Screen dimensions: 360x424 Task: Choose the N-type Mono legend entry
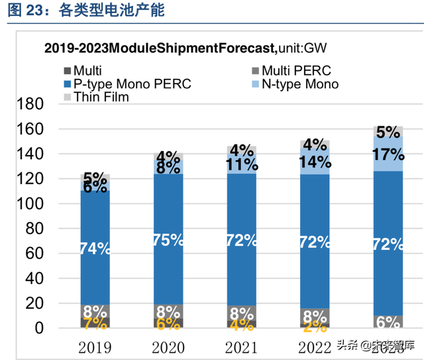300,84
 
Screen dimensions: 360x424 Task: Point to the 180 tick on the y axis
28,105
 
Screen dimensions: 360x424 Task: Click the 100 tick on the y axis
28,204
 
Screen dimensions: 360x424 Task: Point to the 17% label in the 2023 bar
388,155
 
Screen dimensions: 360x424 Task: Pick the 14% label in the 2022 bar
315,162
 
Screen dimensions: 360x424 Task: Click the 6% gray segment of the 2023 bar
388,322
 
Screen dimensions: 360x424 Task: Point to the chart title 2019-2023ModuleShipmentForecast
160,48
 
